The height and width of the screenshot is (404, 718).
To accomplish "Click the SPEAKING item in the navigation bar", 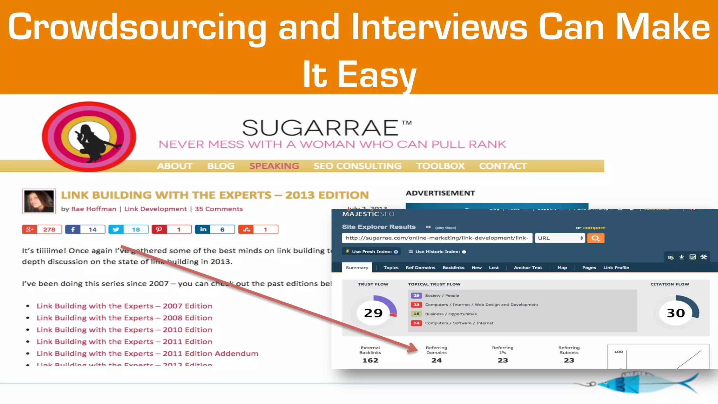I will (274, 166).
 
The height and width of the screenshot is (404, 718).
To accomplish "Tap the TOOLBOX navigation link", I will (440, 166).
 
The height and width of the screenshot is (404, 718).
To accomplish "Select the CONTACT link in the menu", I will (503, 166).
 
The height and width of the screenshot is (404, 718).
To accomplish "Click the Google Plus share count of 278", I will (42, 229).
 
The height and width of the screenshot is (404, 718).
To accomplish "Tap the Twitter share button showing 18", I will (128, 229).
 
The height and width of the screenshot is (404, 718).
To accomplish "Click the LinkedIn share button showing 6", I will (215, 229).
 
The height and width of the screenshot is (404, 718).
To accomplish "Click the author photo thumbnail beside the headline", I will (39, 201).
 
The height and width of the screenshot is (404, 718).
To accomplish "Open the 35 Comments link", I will (218, 209).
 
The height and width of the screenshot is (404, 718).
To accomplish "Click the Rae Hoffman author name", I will (94, 209).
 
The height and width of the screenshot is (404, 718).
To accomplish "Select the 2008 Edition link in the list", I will (124, 318).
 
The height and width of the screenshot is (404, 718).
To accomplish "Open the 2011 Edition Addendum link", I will (147, 353).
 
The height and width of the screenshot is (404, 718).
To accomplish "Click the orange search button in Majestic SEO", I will (595, 238).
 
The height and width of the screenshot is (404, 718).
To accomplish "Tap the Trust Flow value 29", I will (373, 313).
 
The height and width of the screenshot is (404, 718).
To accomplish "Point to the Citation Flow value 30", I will (676, 313).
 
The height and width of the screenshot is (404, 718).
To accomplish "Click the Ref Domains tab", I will (420, 268).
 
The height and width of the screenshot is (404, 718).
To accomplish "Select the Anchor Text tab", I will (528, 268).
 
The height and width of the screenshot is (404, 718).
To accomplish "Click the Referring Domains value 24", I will (436, 360).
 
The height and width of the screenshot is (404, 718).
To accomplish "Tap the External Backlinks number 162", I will (370, 360).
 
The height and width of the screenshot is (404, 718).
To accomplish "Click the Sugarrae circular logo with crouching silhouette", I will (89, 137).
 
